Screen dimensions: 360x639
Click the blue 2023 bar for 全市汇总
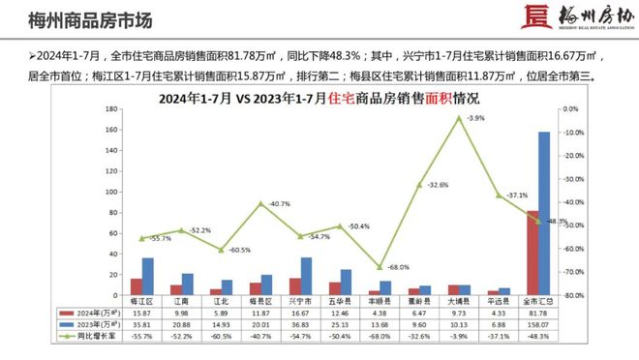tap(544, 213)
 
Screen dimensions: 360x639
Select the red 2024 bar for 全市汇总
tap(532, 253)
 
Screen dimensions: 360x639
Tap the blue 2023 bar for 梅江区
tap(147, 276)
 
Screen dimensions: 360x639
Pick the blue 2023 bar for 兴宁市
tap(306, 276)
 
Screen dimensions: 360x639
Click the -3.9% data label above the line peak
tap(474, 118)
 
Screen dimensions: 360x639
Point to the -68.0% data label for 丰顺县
tap(397, 266)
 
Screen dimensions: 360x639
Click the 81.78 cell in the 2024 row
tap(537, 314)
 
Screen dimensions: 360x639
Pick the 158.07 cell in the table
tap(537, 325)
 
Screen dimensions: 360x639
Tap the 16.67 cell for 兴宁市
tap(300, 314)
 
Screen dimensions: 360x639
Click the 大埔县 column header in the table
tap(459, 302)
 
